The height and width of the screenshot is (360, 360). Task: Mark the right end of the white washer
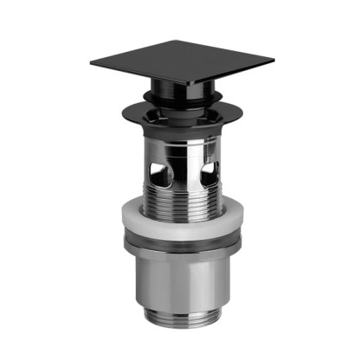[x=239, y=223]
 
